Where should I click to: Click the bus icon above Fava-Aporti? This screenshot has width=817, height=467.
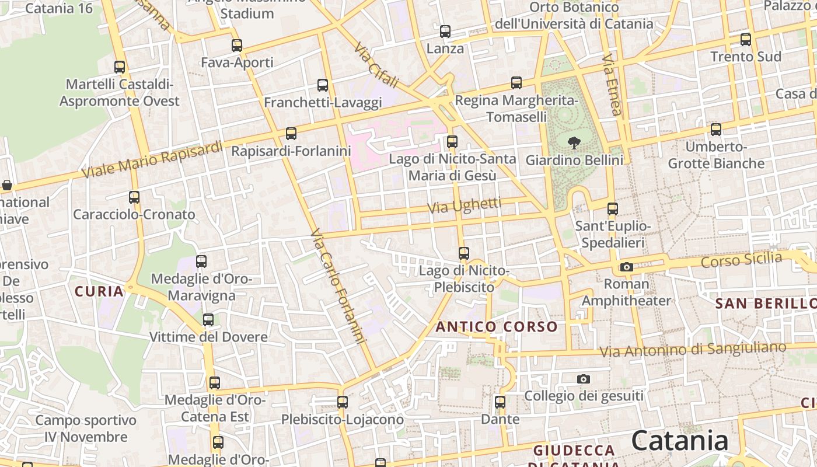[x=236, y=45]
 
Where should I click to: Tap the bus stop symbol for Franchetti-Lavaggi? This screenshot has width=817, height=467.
[x=323, y=85]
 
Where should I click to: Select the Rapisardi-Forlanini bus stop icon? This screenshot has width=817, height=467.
[x=291, y=134]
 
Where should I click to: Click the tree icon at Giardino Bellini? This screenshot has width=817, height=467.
[x=574, y=142]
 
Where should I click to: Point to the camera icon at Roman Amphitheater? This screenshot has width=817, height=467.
[x=626, y=267]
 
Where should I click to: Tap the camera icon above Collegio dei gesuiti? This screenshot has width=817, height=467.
[x=583, y=379]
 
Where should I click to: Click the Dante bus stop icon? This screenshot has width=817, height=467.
[x=500, y=402]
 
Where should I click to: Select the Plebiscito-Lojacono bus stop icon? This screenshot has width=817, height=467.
[x=343, y=402]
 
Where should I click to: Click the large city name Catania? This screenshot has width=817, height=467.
[x=680, y=440]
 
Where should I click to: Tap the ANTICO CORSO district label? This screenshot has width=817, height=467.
[x=497, y=326]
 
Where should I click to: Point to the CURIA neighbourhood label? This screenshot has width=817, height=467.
[x=99, y=291]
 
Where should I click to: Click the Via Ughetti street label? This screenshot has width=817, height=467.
[x=464, y=205]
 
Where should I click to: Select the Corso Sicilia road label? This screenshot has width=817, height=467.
[x=741, y=260]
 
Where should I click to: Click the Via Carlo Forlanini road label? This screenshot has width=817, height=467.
[x=338, y=285]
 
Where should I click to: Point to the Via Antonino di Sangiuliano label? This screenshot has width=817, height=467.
[x=693, y=350]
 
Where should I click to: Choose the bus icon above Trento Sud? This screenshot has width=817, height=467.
[x=745, y=40]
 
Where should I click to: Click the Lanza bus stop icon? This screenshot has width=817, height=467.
[x=445, y=32]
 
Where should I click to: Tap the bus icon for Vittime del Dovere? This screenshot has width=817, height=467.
[x=208, y=320]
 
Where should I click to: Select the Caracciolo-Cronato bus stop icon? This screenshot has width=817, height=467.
[x=134, y=197]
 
